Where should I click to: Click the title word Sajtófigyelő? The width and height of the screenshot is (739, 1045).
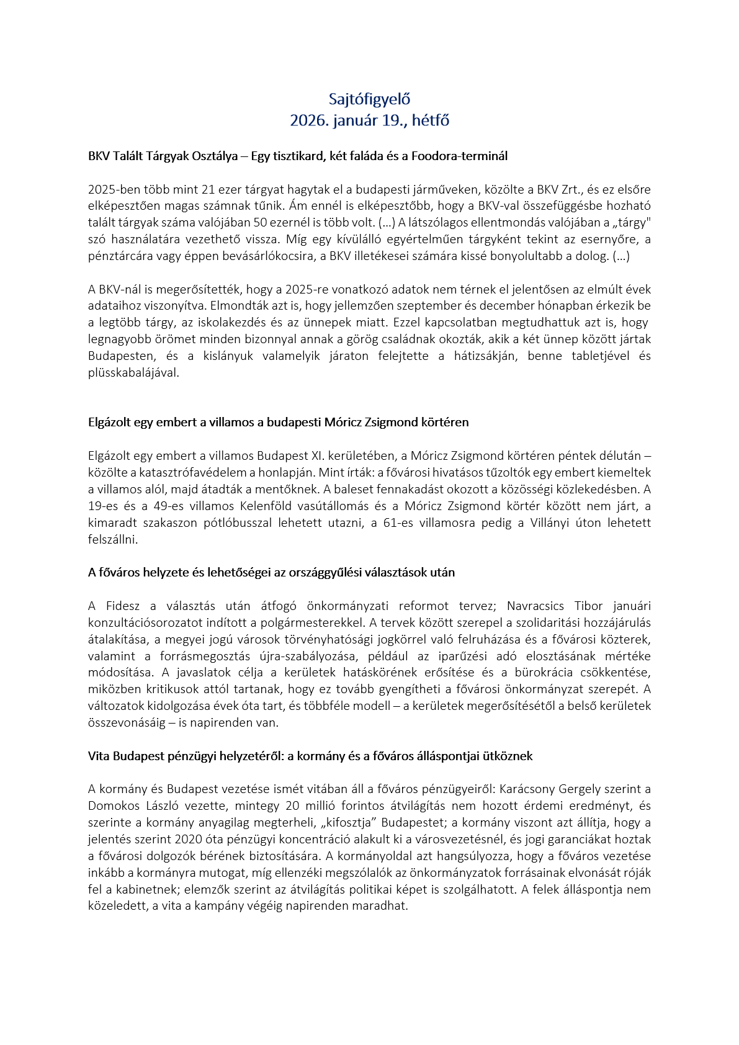point(369,99)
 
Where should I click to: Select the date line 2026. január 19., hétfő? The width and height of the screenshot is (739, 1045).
point(369,120)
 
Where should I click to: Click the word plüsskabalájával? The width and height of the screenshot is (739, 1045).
point(133,373)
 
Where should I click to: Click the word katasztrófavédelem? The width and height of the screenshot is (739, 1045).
point(181,473)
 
